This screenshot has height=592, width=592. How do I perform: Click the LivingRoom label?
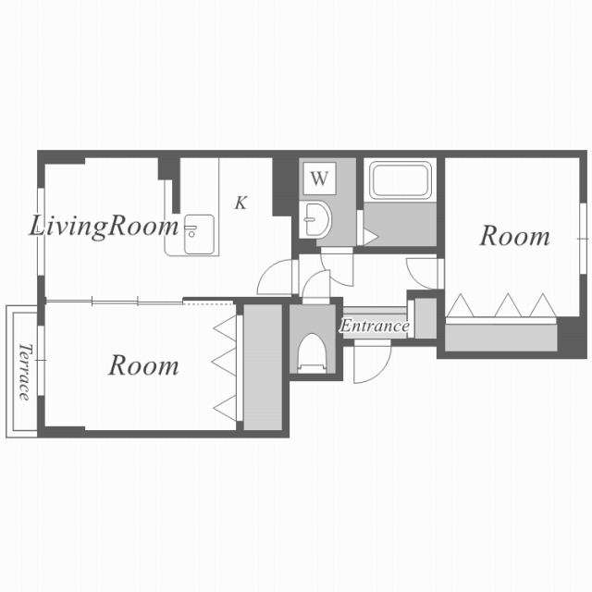(104, 227)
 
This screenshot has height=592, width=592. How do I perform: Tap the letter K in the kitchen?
(240, 203)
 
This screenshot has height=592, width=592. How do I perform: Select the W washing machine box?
(319, 179)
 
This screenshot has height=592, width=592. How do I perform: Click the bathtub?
(401, 180)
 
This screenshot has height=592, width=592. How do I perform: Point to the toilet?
(312, 353)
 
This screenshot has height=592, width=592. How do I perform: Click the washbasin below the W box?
(316, 220)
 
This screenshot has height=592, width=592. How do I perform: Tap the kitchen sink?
(199, 234)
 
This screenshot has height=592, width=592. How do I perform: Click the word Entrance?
(374, 326)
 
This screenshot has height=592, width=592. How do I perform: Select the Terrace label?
(24, 372)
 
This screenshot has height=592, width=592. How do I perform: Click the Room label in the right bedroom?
(514, 237)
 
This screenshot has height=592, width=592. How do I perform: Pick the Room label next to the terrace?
(143, 365)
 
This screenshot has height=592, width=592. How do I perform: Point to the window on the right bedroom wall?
(584, 239)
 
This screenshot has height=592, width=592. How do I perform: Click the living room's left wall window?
(41, 232)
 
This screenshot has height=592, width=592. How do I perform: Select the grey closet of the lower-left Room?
(263, 367)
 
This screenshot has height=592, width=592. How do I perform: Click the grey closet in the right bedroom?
(501, 338)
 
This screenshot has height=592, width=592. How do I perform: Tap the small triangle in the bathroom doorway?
(370, 238)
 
